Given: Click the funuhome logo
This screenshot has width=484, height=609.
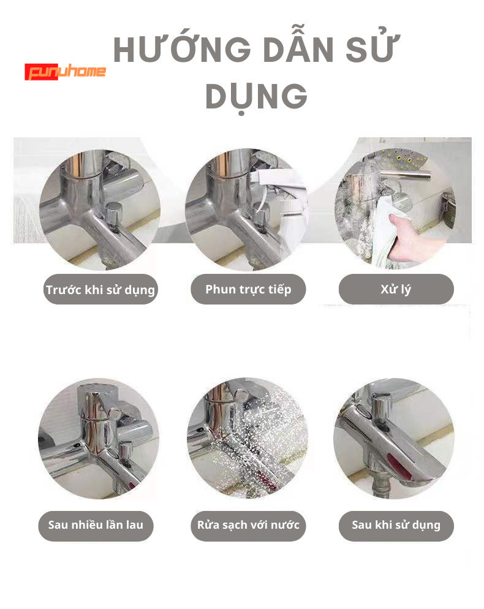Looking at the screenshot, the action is (66, 72).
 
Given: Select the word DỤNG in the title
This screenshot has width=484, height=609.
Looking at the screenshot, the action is (256, 97).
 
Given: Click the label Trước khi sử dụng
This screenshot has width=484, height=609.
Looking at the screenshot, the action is (100, 289).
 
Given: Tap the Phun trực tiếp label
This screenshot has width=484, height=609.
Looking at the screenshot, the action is (248, 289).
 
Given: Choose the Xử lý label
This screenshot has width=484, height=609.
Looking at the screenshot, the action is (396, 289).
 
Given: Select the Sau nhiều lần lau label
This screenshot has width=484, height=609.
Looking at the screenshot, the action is (96, 526).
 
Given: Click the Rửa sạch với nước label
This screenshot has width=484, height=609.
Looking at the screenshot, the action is (248, 526).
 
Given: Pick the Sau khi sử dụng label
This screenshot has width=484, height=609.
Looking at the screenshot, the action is (396, 526).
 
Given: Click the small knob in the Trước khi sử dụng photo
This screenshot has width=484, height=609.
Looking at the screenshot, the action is (114, 213).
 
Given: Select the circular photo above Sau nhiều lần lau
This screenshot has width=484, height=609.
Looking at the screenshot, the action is (99, 439).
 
